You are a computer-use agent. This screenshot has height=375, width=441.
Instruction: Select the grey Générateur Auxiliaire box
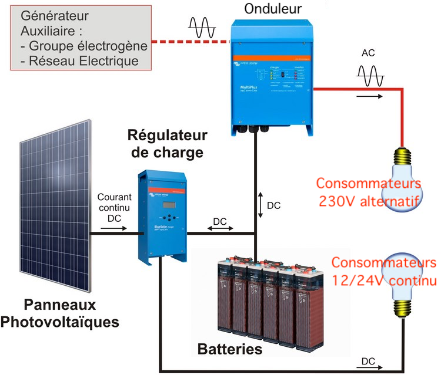[x=79, y=39]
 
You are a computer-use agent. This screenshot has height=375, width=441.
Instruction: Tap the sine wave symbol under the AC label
[x=370, y=76]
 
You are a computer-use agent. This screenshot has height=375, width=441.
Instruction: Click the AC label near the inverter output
[x=369, y=53]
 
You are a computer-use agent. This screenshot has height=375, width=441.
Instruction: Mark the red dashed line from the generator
[x=188, y=42]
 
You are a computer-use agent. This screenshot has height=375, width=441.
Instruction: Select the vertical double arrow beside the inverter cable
[x=260, y=205]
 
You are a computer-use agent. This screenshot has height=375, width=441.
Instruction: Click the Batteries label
[x=229, y=350]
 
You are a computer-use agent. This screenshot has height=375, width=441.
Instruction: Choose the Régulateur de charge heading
[x=168, y=144]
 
